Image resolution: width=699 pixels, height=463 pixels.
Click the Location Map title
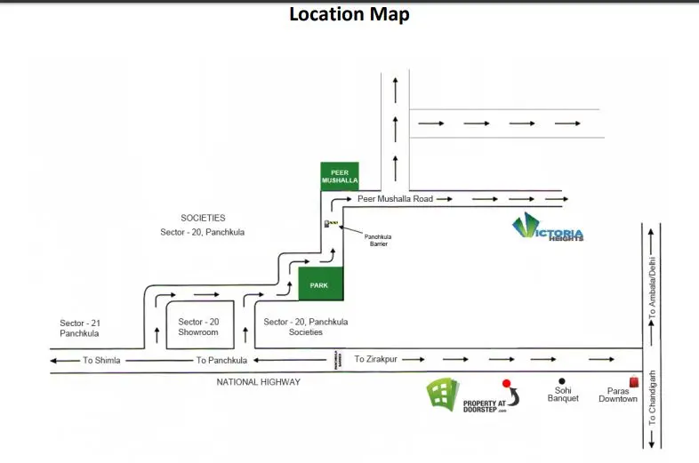tap(349, 15)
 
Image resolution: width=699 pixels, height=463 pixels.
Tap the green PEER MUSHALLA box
tap(339, 175)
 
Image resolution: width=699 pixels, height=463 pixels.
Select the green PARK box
tap(319, 285)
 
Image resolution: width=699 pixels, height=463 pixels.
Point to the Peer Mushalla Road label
tap(395, 199)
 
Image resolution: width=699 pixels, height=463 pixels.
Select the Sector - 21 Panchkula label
tap(79, 327)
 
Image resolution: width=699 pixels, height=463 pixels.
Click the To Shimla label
tap(101, 360)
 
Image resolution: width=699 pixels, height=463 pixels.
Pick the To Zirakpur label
tap(374, 359)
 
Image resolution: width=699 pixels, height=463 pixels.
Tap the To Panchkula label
tap(221, 360)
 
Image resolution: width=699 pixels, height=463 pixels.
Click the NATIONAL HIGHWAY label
tap(259, 381)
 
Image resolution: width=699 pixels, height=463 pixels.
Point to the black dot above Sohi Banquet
tap(561, 381)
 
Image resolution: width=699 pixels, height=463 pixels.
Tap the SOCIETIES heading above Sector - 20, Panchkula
tap(203, 217)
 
